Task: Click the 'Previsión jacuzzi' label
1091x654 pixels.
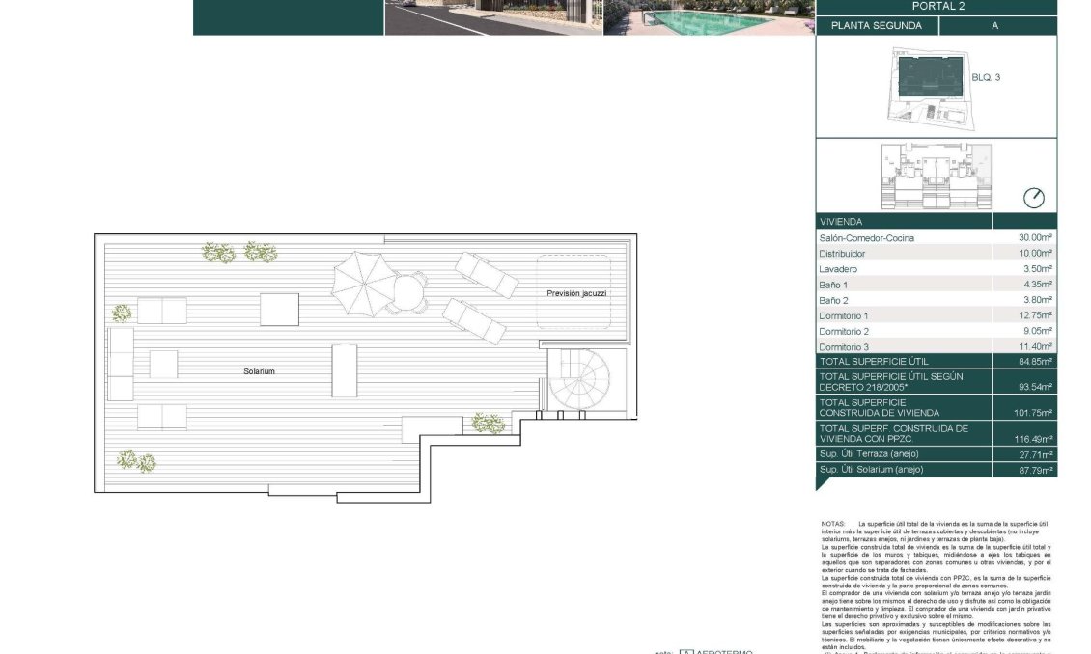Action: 576,293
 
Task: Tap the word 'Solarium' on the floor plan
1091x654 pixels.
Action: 259,370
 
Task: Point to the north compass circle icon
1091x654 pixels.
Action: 1033,198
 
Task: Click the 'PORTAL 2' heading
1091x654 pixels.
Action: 936,6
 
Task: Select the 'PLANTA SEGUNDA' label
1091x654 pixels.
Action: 877,26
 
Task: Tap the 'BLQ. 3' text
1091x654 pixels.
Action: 985,77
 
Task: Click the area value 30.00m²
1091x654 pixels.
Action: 1033,237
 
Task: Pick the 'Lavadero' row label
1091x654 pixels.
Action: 838,269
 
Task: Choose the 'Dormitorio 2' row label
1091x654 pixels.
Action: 844,331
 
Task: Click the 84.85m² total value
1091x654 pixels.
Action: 1033,361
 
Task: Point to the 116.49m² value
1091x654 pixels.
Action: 1033,439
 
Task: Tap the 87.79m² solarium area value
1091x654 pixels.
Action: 1033,470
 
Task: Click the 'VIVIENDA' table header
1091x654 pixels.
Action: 841,222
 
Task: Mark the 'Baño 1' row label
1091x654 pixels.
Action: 833,285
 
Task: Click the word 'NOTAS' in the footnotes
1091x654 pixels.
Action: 832,524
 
